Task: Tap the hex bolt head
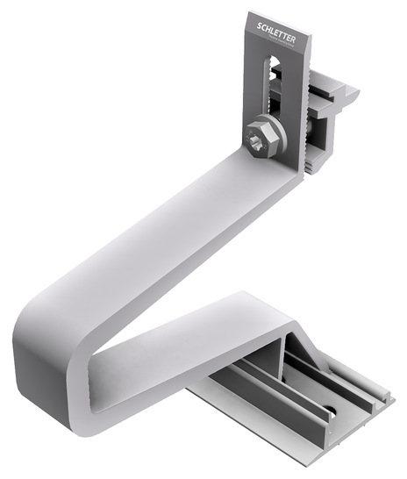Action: coord(261,139)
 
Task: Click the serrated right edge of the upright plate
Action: coord(304,114)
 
